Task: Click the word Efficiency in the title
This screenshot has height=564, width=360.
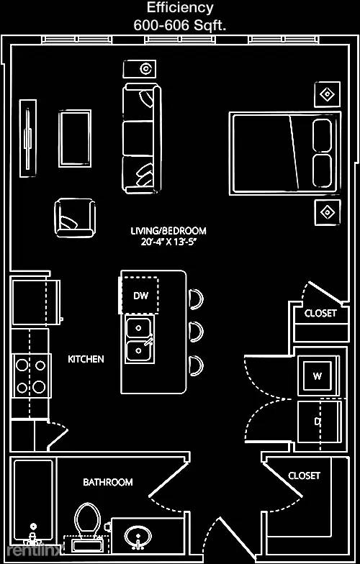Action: pos(180,7)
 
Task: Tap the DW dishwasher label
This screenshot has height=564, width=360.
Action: pos(141,296)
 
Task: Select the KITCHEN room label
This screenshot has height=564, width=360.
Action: pos(86,358)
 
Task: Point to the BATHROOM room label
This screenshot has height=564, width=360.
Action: pos(108,482)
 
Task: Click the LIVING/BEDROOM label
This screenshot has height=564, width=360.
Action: pos(168,230)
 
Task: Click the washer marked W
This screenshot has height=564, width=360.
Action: pos(317,376)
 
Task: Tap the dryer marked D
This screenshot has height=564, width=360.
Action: pos(319,422)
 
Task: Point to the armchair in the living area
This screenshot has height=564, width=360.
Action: pos(75,218)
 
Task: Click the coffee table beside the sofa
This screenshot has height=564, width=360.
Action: pos(75,138)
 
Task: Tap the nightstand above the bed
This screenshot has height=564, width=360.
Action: pos(327,95)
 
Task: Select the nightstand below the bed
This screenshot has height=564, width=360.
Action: pos(327,212)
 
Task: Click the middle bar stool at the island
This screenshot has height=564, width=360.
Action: pos(196,331)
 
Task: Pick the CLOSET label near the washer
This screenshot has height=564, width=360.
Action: pos(320,313)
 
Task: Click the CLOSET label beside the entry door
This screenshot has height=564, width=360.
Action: pos(304,476)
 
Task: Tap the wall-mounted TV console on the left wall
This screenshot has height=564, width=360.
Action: pos(27,138)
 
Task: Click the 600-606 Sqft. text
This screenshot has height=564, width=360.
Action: pos(180,25)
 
